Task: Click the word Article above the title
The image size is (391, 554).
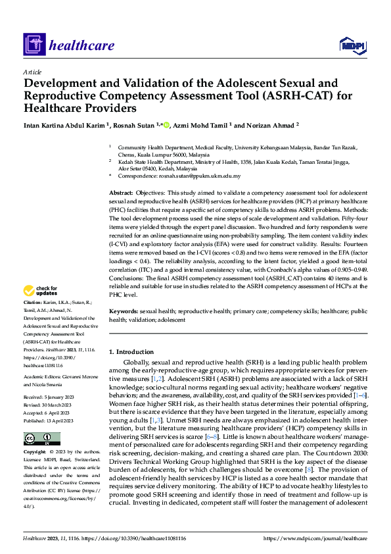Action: tap(32, 72)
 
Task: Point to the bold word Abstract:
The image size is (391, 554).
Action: tap(122, 191)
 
